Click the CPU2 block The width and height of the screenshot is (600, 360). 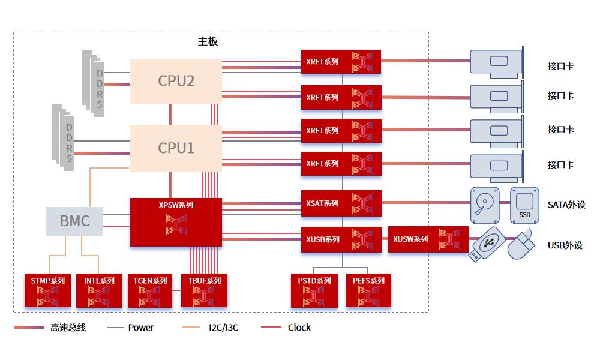[x=176, y=80]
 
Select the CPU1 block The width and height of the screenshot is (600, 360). [x=176, y=148]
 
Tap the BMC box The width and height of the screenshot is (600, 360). [x=74, y=221]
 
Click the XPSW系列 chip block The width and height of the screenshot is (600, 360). [x=176, y=222]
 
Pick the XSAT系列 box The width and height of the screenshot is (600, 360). [x=341, y=203]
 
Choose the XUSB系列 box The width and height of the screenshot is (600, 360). [x=341, y=239]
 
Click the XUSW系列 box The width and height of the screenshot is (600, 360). [x=428, y=239]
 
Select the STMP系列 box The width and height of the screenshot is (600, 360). [x=48, y=290]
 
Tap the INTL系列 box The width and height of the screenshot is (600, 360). [x=99, y=290]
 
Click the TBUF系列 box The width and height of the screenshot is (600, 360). [x=204, y=290]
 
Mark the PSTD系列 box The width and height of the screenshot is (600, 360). [x=314, y=290]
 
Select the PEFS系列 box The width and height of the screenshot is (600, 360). [x=368, y=290]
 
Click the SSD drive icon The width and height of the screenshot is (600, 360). [x=524, y=204]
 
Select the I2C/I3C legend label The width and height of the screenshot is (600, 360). [x=223, y=328]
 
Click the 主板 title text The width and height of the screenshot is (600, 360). [x=208, y=41]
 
